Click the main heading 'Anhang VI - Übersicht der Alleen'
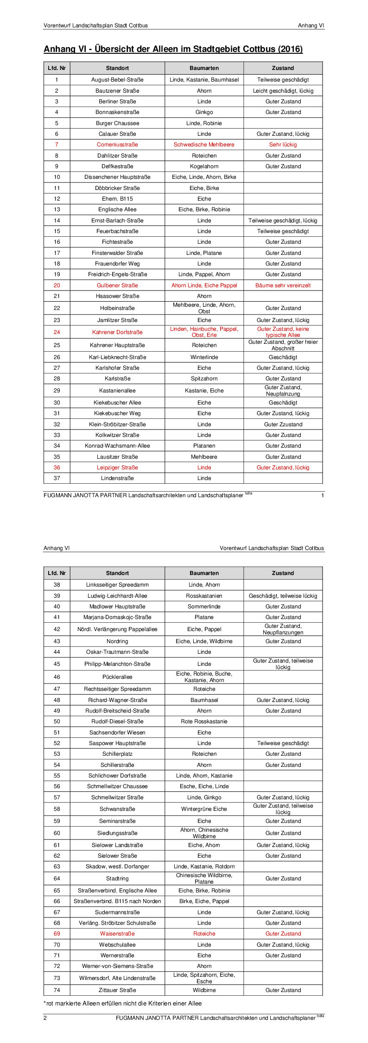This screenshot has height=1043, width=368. [x=173, y=49]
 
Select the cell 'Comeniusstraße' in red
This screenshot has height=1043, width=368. [x=117, y=145]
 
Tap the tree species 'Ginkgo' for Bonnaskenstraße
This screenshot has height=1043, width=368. [x=204, y=112]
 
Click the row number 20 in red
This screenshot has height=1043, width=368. [x=57, y=285]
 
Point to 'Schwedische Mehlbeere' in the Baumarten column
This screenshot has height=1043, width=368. [x=204, y=145]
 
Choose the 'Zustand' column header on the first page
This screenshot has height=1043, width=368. [x=283, y=68]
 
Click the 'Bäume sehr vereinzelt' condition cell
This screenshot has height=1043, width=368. [x=283, y=285]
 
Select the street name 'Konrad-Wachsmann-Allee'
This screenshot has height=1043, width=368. [x=117, y=446]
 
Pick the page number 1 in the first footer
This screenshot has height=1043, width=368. [x=323, y=495]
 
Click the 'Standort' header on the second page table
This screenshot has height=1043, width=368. [x=117, y=573]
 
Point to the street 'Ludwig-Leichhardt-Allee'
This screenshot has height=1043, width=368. [x=117, y=596]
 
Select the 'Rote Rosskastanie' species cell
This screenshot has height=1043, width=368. [x=204, y=721]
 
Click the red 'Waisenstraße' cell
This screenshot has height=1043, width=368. [x=117, y=934]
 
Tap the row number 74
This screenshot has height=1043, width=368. [x=57, y=990]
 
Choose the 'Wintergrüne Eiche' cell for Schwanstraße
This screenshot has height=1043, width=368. [x=204, y=809]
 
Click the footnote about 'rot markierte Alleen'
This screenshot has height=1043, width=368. [x=123, y=1003]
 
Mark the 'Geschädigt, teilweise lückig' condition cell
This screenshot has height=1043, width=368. [x=283, y=596]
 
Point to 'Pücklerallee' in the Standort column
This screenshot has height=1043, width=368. [x=117, y=677]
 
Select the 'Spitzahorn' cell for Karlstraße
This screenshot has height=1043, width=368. [x=204, y=379]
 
